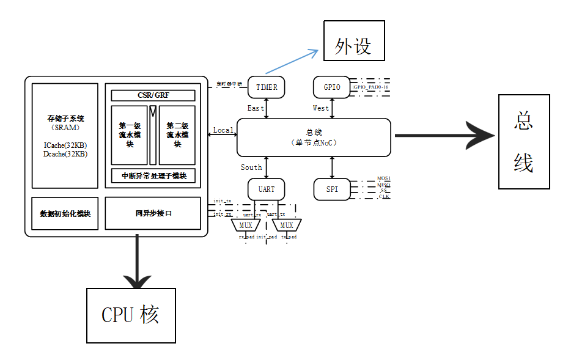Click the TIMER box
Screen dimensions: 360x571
point(267,87)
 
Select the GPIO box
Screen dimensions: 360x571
point(332,87)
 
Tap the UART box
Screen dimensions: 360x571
point(267,189)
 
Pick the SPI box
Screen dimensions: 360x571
point(332,189)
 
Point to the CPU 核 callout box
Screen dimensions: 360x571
point(130,315)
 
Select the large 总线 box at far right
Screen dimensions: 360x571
point(523,142)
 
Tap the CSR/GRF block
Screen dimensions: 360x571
point(153,95)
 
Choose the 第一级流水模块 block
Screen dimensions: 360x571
point(129,135)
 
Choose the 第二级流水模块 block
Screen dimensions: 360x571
point(177,135)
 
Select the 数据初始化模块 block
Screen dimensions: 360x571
point(65,213)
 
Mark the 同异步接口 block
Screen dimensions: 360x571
point(153,213)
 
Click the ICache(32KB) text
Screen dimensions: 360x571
point(65,146)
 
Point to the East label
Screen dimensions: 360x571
point(256,108)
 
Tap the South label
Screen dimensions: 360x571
point(251,167)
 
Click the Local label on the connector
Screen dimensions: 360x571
point(223,130)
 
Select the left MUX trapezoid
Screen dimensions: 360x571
point(245,226)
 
